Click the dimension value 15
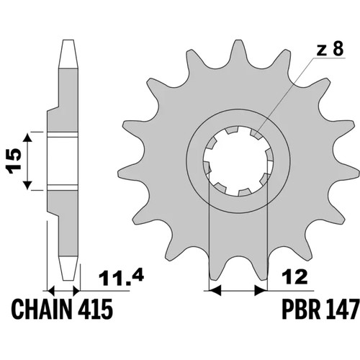[14, 161]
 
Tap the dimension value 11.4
[121, 278]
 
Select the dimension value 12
[295, 277]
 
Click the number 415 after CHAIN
[95, 310]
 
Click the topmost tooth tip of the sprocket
[238, 40]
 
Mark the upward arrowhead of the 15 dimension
[27, 138]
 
